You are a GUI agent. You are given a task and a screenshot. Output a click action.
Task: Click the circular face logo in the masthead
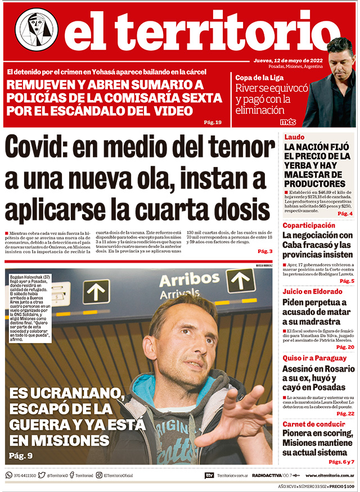pyautogui.click(x=37, y=30)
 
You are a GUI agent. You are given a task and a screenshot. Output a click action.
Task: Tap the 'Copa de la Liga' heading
pyautogui.click(x=260, y=76)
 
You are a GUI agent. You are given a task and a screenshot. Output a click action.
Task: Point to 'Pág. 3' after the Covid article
pyautogui.click(x=265, y=251)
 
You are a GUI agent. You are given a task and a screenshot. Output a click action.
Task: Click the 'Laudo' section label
pyautogui.click(x=294, y=137)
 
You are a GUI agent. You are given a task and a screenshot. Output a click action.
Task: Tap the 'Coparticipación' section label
pyautogui.click(x=309, y=225)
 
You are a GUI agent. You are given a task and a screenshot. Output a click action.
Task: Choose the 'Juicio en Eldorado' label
pyautogui.click(x=312, y=292)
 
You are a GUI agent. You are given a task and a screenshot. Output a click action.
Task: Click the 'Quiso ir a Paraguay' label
pyautogui.click(x=314, y=358)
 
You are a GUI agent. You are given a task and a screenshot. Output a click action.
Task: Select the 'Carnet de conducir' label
pyautogui.click(x=313, y=424)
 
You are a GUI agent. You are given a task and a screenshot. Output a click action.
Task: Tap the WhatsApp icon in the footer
pyautogui.click(x=8, y=475)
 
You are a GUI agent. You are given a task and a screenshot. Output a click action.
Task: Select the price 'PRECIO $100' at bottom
pyautogui.click(x=341, y=486)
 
